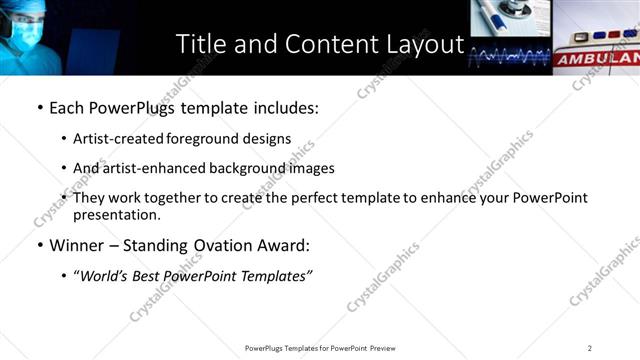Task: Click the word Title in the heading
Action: [199, 45]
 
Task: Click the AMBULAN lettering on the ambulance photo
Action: [596, 60]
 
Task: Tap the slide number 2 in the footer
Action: [589, 347]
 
